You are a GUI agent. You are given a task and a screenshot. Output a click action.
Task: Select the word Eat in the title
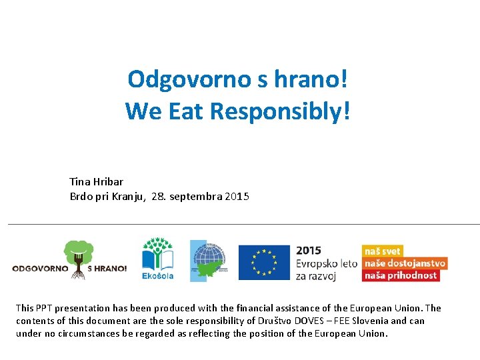(186, 111)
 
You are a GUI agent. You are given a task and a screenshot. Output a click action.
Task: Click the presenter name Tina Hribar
(96, 181)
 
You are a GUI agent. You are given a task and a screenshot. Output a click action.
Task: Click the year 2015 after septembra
(237, 197)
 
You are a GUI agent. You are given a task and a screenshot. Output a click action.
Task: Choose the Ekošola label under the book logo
(157, 275)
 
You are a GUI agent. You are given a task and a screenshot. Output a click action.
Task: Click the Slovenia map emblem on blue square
(208, 261)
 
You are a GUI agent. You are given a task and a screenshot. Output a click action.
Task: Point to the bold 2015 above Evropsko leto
(309, 251)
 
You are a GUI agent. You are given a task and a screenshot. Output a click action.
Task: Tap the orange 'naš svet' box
(383, 251)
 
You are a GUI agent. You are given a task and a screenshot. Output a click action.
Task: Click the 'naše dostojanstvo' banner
(404, 263)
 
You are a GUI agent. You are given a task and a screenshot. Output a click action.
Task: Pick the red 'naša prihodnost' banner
(400, 275)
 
